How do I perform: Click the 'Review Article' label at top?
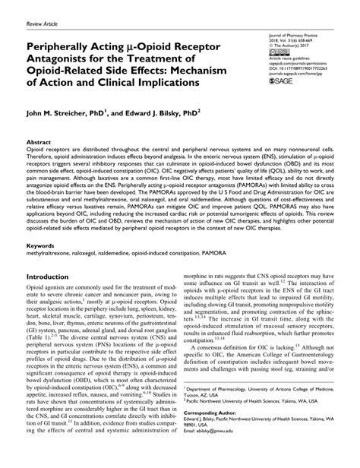coord(43,24)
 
